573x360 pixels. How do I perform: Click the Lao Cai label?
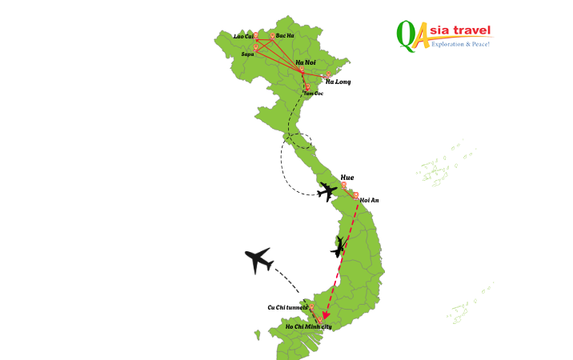pyautogui.click(x=242, y=36)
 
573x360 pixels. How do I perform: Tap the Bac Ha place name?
pyautogui.click(x=285, y=36)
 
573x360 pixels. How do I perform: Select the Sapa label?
pyautogui.click(x=247, y=54)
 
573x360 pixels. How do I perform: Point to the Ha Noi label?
pyautogui.click(x=304, y=62)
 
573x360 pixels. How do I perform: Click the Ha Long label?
pyautogui.click(x=338, y=82)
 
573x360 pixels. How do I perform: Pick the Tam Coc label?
pyautogui.click(x=314, y=94)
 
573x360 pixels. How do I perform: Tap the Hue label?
pyautogui.click(x=347, y=177)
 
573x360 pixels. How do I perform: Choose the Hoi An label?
pyautogui.click(x=369, y=200)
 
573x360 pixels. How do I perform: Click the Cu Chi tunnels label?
pyautogui.click(x=288, y=307)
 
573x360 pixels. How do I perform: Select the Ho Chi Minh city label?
pyautogui.click(x=308, y=326)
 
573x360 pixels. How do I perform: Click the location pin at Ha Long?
pyautogui.click(x=328, y=74)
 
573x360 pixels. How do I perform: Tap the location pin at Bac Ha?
pyautogui.click(x=272, y=35)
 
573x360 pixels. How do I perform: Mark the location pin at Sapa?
pyautogui.click(x=256, y=47)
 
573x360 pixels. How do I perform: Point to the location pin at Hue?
pyautogui.click(x=344, y=186)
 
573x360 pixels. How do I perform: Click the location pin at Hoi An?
pyautogui.click(x=356, y=194)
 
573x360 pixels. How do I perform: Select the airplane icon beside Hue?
pyautogui.click(x=327, y=192)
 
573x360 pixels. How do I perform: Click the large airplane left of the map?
pyautogui.click(x=258, y=260)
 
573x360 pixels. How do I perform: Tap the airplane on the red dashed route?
pyautogui.click(x=340, y=247)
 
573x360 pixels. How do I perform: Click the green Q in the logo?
pyautogui.click(x=407, y=37)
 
